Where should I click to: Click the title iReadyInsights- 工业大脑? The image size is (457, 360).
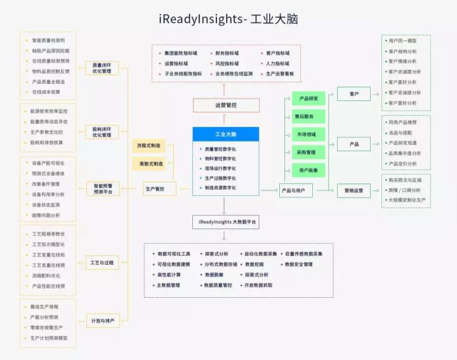coord(228,19)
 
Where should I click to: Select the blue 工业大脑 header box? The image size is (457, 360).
coord(225,135)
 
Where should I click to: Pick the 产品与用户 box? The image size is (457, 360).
coord(296,190)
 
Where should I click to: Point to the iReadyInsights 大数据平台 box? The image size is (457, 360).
coord(226,222)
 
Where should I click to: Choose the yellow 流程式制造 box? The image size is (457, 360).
coord(149,146)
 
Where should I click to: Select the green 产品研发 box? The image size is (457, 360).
coord(308,98)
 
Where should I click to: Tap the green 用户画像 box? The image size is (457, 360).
coord(308,170)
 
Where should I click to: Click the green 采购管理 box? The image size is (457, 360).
coord(308,152)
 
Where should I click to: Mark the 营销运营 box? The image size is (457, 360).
coord(354,190)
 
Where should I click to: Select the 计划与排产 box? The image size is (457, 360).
coord(102,321)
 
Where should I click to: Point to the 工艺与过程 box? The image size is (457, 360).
coord(102,262)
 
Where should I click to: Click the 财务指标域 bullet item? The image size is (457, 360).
coord(227,54)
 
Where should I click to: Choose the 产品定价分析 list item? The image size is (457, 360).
coord(402,163)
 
